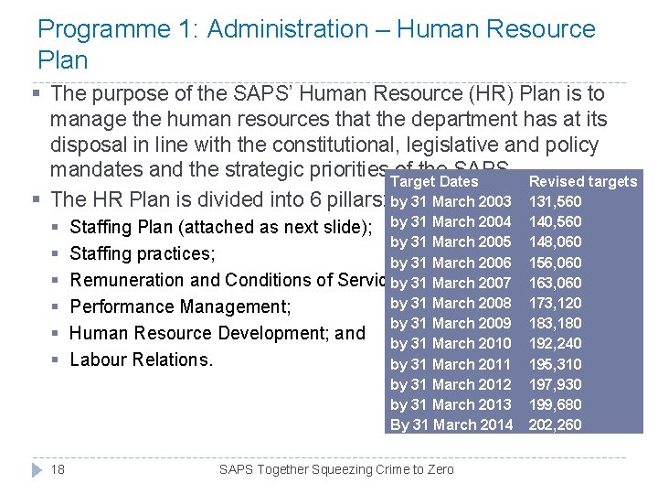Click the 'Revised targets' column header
[582, 181]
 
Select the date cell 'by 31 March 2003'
[451, 201]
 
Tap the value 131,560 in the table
[555, 201]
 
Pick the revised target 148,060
[555, 242]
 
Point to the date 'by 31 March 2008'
[451, 303]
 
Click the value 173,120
[555, 303]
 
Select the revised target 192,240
[555, 344]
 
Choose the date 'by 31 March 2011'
[451, 364]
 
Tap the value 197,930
[555, 384]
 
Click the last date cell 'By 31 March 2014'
[451, 424]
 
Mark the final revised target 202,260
[555, 424]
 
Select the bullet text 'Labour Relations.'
[141, 360]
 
